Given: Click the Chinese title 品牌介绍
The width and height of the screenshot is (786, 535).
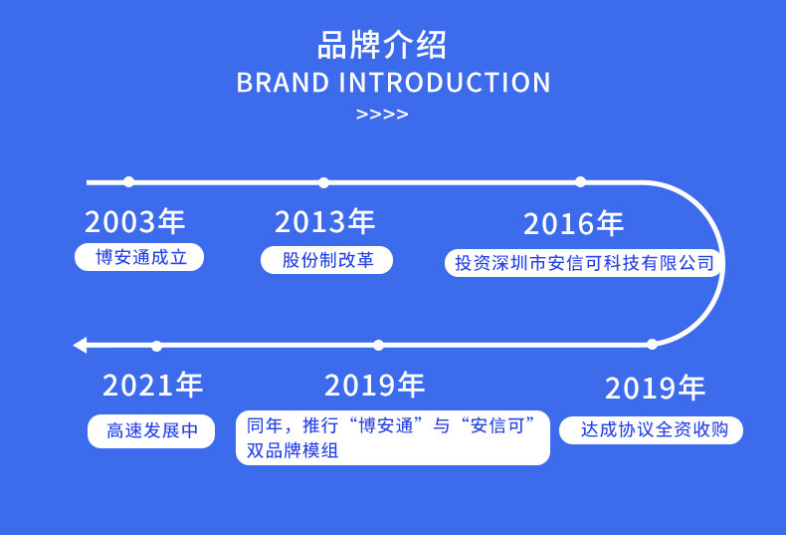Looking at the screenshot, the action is [x=382, y=45].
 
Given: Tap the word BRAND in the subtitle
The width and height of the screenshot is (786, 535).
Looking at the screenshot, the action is [x=283, y=83].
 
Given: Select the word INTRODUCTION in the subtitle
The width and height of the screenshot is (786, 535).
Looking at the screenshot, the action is [x=445, y=83].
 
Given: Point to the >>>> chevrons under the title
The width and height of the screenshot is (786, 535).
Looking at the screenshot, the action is [x=382, y=115].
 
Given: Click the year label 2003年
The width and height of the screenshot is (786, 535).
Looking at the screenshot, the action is [x=135, y=221].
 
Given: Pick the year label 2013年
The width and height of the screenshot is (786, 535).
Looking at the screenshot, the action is [x=324, y=221].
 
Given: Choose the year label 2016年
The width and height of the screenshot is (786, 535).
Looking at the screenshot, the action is [x=573, y=224].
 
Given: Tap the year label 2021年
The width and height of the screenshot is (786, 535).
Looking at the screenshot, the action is [x=153, y=385].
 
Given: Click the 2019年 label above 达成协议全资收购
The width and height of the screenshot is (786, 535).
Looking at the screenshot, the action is [x=656, y=388].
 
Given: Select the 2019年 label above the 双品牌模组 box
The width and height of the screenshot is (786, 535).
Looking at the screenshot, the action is [x=375, y=385].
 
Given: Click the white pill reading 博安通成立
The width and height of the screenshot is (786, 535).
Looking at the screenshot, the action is [x=139, y=257].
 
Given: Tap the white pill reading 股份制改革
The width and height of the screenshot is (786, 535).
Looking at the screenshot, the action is [x=326, y=260].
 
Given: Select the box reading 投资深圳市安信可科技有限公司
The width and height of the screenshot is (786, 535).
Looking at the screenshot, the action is [x=583, y=263].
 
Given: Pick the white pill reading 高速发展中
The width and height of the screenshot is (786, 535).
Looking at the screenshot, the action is [x=151, y=431].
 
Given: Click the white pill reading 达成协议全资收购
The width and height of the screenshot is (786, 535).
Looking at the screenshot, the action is [x=651, y=430].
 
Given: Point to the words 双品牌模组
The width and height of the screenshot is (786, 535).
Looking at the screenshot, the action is [x=293, y=450].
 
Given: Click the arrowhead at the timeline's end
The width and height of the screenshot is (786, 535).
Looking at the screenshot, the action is [x=81, y=346].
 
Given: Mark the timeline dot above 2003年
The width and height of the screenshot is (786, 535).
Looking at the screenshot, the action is [x=128, y=182].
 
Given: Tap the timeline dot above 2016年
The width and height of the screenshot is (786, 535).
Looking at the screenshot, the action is [x=580, y=182].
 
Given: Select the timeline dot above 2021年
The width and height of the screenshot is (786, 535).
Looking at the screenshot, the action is [x=156, y=347].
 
